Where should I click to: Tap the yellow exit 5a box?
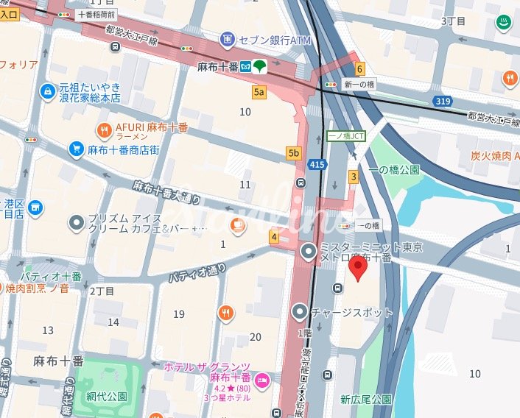point(259,92)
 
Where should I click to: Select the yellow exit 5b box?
point(294,153)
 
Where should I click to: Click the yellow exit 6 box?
point(359,70)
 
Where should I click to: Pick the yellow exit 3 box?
point(354,176)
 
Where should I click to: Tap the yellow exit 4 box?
point(274,237)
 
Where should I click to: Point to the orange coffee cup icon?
point(236,225)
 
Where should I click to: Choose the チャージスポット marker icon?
point(299,312)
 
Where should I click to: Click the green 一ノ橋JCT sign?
point(346,136)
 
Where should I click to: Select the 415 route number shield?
point(317,164)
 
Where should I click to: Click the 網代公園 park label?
point(101,396)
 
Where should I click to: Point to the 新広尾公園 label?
point(365,400)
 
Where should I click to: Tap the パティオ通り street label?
point(197,272)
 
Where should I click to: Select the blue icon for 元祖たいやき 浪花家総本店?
point(47,91)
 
